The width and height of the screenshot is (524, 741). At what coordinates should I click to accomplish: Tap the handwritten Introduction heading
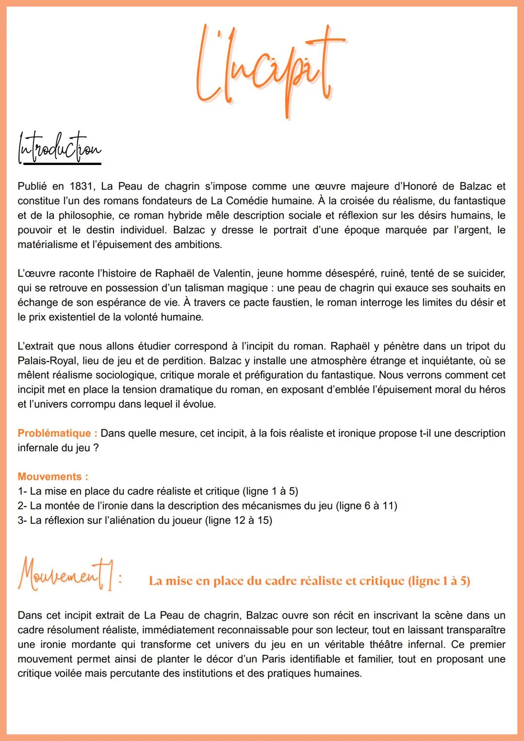[59, 148]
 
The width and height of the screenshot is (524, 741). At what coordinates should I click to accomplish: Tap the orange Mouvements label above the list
[49, 477]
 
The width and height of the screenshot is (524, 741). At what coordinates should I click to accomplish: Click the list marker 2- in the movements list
[22, 506]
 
